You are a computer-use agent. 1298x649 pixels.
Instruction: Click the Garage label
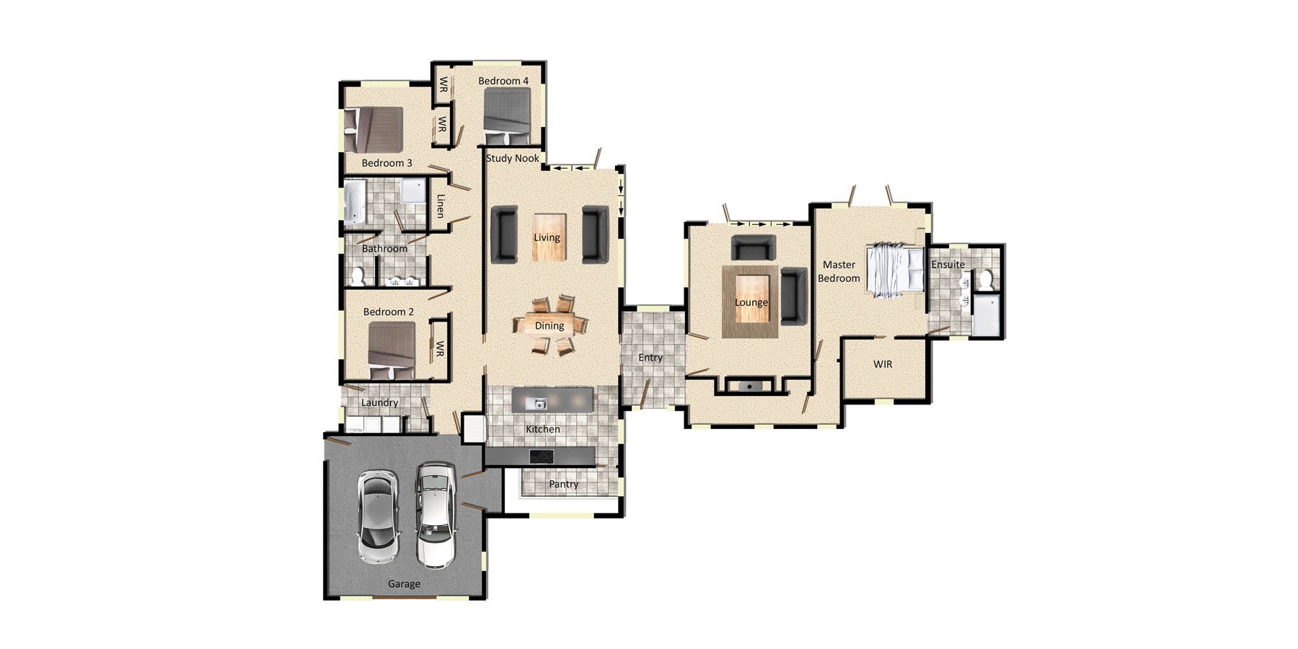pyautogui.click(x=404, y=584)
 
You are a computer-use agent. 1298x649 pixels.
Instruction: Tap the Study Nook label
pyautogui.click(x=512, y=158)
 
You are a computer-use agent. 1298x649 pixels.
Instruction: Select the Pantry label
pyautogui.click(x=563, y=484)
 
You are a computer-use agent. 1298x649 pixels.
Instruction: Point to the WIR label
pyautogui.click(x=883, y=364)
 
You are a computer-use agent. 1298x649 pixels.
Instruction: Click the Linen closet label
pyautogui.click(x=440, y=206)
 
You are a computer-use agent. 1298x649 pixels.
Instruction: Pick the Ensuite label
pyautogui.click(x=948, y=264)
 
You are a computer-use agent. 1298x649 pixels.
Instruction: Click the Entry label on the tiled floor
pyautogui.click(x=650, y=357)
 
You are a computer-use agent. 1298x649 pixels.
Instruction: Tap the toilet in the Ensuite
pyautogui.click(x=986, y=279)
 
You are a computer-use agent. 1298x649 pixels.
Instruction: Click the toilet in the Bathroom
pyautogui.click(x=358, y=275)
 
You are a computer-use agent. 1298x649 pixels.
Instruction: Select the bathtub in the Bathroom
pyautogui.click(x=354, y=202)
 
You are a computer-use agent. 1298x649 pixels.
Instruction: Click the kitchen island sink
pyautogui.click(x=536, y=404)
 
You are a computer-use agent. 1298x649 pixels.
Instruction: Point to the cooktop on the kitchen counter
pyautogui.click(x=541, y=456)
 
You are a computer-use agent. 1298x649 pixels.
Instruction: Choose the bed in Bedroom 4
pyautogui.click(x=507, y=116)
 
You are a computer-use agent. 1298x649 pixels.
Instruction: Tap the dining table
pyautogui.click(x=549, y=325)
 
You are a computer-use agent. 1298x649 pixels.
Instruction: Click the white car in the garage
pyautogui.click(x=436, y=514)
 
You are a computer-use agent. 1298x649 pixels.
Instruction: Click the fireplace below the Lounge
pyautogui.click(x=750, y=387)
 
